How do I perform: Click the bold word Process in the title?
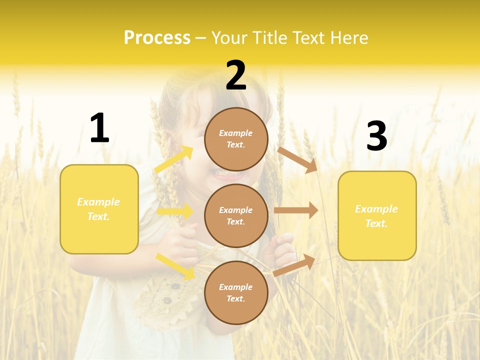click(157, 38)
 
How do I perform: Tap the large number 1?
click(99, 128)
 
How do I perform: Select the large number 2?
click(236, 76)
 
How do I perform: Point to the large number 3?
click(376, 136)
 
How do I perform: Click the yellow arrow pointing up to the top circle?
click(173, 160)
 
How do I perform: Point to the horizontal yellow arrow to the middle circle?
click(175, 211)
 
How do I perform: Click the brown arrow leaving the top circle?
click(297, 159)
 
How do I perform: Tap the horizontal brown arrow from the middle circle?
click(296, 210)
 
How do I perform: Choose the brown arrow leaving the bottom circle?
click(294, 265)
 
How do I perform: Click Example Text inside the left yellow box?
click(98, 209)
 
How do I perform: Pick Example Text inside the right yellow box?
click(376, 216)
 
